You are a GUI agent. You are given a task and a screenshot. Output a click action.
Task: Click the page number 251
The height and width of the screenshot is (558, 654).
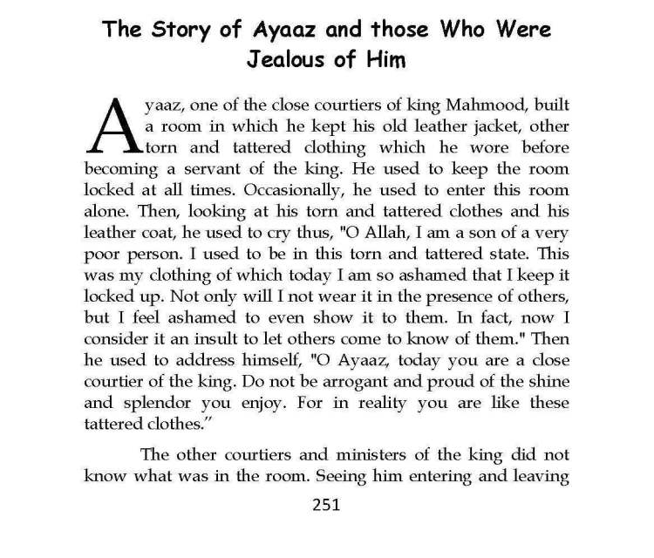(x=327, y=506)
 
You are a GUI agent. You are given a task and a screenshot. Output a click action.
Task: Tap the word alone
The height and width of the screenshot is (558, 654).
(x=106, y=209)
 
